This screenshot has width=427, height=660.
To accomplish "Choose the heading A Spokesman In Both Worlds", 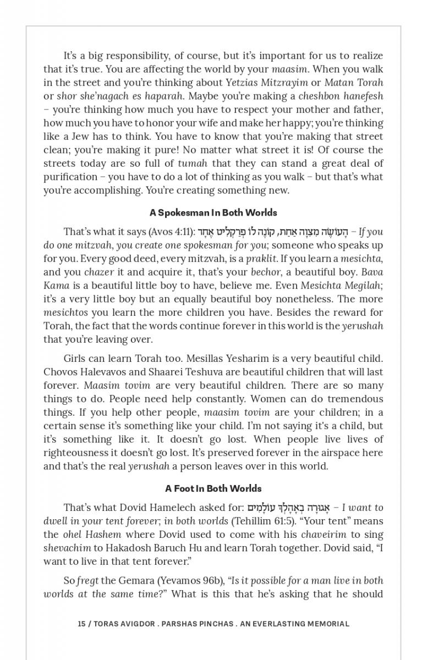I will pos(213,212).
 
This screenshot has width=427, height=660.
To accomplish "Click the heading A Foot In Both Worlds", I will pos(213,488).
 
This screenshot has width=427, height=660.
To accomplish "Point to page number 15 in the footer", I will pos(81,624).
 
